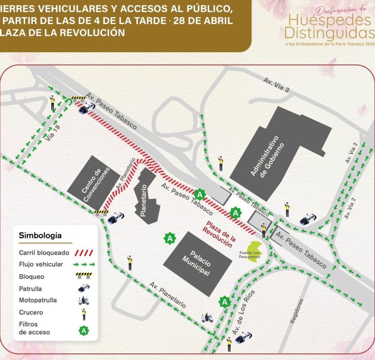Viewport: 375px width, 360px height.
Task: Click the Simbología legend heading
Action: pos(40,235)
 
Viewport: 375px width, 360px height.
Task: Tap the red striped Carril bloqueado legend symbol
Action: pos(84,252)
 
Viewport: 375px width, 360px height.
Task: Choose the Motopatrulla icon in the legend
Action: pos(84,300)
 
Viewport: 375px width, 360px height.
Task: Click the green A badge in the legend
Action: pos(84,331)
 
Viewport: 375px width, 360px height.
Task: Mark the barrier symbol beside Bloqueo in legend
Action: pos(84,276)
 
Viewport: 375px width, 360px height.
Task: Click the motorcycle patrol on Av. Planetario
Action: pos(207,318)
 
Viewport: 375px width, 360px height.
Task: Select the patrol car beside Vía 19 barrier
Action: pos(86,107)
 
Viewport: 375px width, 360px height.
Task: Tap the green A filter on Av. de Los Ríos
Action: pos(224,302)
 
